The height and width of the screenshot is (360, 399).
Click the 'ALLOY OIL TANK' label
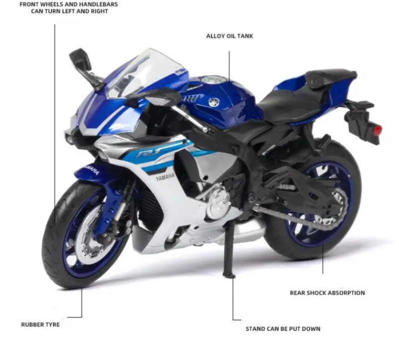click(229, 36)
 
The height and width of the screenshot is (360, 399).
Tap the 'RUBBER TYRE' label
click(40, 325)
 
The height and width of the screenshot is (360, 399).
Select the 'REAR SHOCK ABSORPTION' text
click(327, 293)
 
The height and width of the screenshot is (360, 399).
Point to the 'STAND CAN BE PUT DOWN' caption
click(283, 329)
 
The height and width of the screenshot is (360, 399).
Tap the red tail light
click(378, 130)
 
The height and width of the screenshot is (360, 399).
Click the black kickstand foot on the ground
click(229, 275)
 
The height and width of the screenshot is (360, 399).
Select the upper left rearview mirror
click(80, 59)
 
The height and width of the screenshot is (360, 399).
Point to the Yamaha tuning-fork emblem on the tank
click(214, 102)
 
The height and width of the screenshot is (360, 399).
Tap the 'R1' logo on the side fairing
click(148, 153)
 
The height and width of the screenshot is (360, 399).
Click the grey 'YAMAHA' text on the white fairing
click(165, 177)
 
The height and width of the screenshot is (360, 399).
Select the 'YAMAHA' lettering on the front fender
click(92, 170)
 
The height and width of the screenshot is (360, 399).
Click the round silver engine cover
click(219, 205)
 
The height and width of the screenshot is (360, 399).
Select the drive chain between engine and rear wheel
click(293, 215)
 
